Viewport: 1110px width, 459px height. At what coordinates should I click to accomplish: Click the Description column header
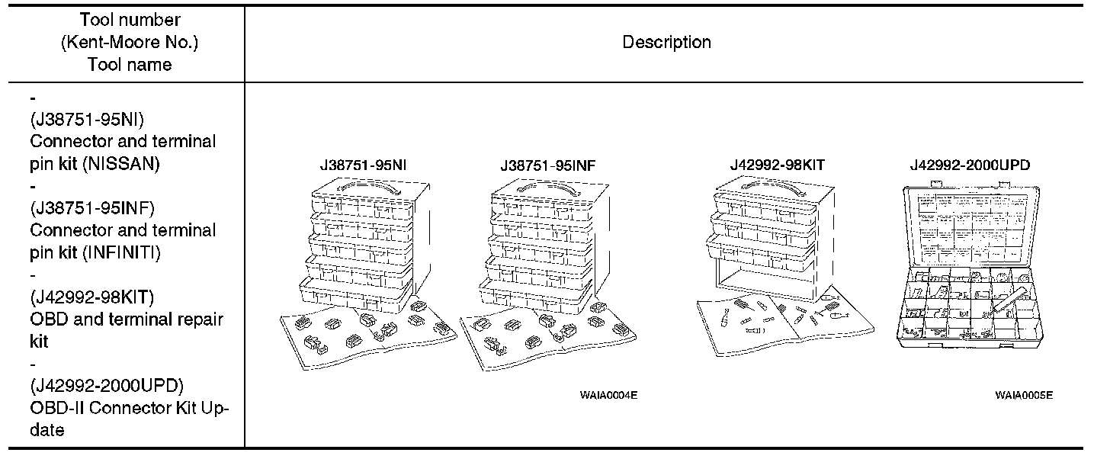pos(666,43)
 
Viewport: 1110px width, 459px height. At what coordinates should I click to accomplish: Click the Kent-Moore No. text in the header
pos(130,43)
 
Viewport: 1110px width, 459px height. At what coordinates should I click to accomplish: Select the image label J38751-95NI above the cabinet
pos(363,165)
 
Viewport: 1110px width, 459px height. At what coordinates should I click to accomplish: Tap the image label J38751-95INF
pos(544,165)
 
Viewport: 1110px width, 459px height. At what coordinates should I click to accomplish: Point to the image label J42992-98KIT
pos(777,165)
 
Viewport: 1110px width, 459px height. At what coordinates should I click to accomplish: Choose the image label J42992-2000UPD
pos(971,165)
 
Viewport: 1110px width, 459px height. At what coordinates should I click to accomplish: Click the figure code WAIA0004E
pos(608,396)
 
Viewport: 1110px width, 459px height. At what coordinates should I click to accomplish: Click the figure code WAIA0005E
pos(1024,396)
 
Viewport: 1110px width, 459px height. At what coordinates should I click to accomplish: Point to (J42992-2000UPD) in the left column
pos(107,386)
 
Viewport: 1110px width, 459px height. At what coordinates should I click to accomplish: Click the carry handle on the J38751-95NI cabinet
pos(364,186)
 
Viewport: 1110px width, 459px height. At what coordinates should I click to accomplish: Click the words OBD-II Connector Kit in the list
pos(114,408)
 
